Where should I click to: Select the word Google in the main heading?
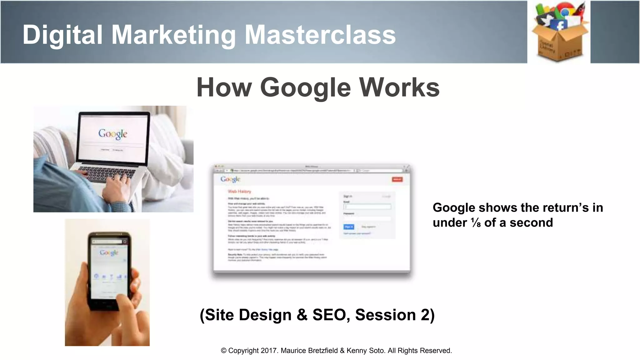(305, 87)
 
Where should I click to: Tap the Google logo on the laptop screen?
(113, 134)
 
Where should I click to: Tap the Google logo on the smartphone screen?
(109, 252)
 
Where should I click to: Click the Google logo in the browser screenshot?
(230, 179)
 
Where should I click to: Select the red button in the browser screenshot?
(397, 179)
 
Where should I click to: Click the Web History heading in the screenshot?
(239, 191)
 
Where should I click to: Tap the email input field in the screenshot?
(367, 207)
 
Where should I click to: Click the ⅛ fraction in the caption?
(476, 223)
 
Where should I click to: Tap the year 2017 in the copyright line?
(269, 351)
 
